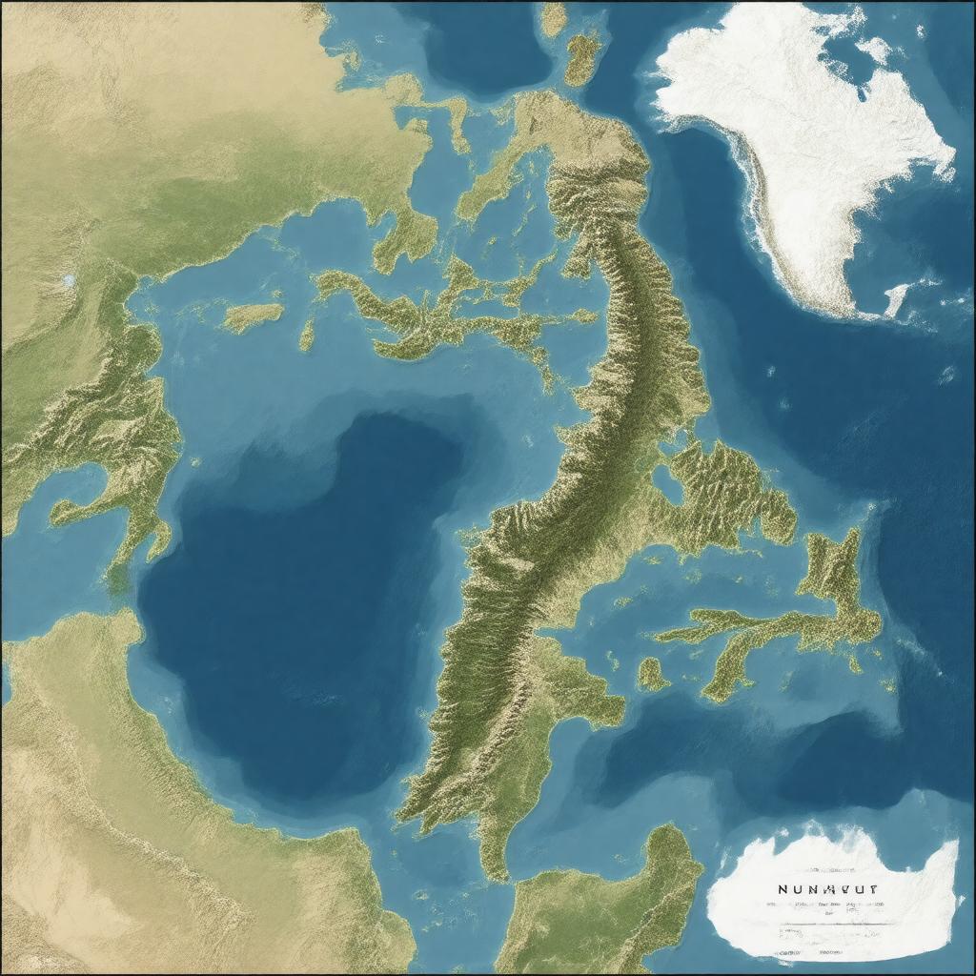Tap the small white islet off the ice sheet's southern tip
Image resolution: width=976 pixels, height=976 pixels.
coord(896,297)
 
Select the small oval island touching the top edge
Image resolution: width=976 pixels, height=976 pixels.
coord(553,17)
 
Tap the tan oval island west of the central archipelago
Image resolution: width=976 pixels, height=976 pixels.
coord(252,315)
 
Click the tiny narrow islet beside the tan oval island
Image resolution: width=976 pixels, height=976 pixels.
coord(307,334)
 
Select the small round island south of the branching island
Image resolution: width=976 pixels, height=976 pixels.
coord(652,674)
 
